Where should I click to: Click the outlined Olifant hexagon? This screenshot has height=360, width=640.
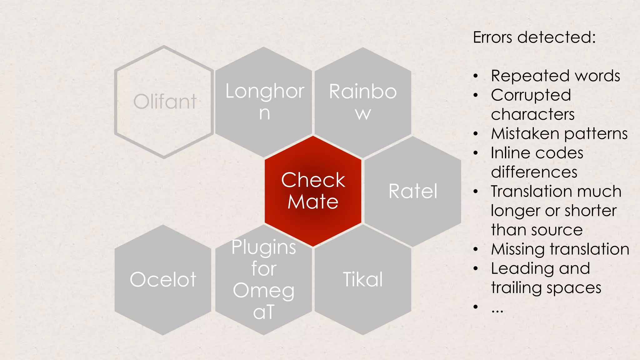point(164,102)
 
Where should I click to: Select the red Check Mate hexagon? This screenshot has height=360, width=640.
point(313,191)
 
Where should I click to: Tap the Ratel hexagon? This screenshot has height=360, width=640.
point(413,191)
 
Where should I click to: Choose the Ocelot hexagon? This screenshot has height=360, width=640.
point(163,279)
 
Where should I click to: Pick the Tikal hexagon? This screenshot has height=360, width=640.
point(363,279)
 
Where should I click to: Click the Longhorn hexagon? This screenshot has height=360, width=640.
point(264,102)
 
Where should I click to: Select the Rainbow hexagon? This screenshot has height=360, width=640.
point(363,102)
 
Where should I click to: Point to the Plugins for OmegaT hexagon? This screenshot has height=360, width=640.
point(264,279)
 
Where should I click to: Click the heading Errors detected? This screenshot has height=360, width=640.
point(534,37)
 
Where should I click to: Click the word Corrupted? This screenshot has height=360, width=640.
point(531,95)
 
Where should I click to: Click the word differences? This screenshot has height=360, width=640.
point(534,172)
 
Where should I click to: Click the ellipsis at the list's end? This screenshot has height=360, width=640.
point(497,310)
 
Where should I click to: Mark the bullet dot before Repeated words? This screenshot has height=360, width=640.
point(476,76)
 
